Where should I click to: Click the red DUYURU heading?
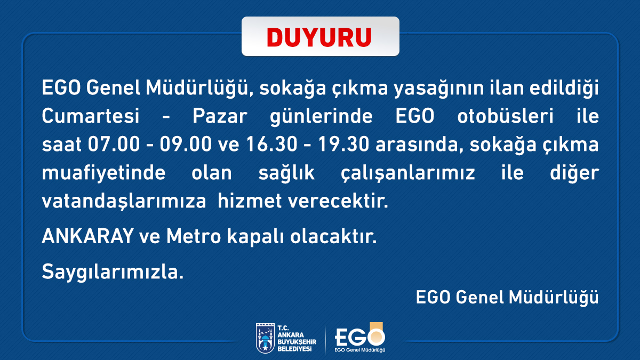(x=319, y=37)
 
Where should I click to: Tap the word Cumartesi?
(x=91, y=116)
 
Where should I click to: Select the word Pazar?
(x=220, y=116)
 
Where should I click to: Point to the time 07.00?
(x=114, y=144)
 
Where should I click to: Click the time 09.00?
(x=186, y=144)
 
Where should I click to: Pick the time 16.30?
(x=271, y=144)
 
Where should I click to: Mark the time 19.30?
(x=343, y=144)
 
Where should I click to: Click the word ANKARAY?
(x=87, y=236)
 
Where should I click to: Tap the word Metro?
(x=194, y=236)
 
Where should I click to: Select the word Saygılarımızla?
(x=113, y=271)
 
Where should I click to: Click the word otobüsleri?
(x=506, y=116)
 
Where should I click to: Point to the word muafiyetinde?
(x=103, y=173)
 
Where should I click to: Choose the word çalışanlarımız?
(x=407, y=173)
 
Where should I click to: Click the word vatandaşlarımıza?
(x=124, y=201)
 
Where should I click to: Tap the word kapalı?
(x=255, y=237)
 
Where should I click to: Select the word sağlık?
(x=286, y=173)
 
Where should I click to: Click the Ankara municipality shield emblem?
(x=265, y=338)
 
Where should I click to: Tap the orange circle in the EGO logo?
(x=376, y=337)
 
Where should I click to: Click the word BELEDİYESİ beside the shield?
(x=294, y=349)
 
